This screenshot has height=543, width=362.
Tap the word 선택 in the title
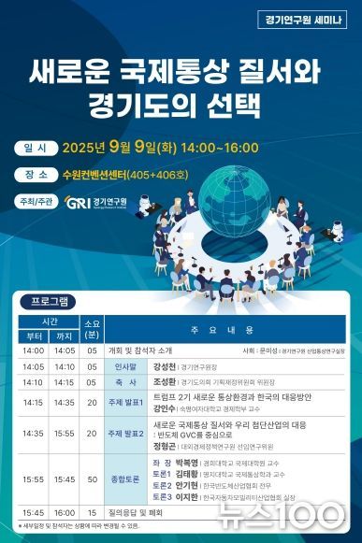[238, 102]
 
